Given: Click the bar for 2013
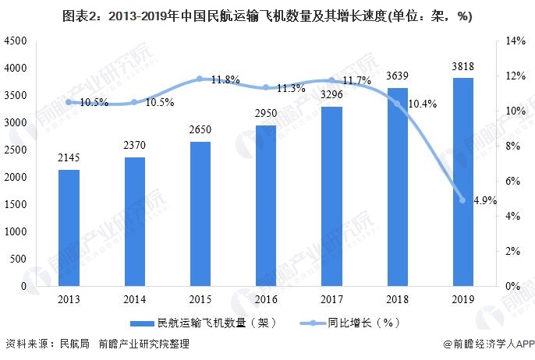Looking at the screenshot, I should [69, 228].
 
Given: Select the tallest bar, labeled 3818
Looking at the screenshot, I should [462, 182].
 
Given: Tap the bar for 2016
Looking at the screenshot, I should [266, 206].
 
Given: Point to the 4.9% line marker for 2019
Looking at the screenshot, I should [462, 200].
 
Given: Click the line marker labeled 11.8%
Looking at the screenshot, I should [200, 79].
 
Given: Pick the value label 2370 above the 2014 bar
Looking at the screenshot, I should [134, 147].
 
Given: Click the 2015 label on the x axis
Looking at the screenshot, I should [200, 299].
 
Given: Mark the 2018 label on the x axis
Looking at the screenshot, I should [397, 299].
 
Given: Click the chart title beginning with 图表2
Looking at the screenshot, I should [267, 16].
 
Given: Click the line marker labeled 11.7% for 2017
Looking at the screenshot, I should [331, 80].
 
